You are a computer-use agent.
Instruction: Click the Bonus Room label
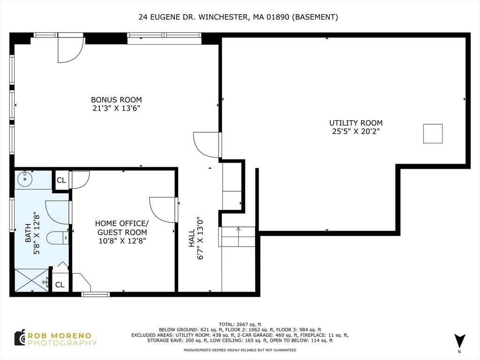click(116, 100)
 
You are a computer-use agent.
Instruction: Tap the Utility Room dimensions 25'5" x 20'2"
click(355, 131)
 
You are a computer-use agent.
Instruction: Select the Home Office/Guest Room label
click(122, 227)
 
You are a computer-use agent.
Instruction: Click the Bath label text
click(28, 233)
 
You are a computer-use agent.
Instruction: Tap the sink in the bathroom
click(24, 179)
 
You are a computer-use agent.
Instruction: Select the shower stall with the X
click(31, 280)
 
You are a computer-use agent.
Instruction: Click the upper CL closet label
click(61, 180)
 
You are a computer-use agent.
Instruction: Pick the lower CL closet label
click(60, 285)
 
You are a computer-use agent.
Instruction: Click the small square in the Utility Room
click(433, 134)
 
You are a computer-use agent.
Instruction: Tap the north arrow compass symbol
click(459, 341)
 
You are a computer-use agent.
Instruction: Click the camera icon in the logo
click(19, 337)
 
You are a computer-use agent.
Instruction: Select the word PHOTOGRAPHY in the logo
click(62, 343)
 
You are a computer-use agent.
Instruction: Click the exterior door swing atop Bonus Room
click(70, 49)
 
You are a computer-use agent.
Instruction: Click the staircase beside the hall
click(237, 237)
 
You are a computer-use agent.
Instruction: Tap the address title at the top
click(238, 17)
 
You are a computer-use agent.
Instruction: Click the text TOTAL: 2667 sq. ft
click(240, 324)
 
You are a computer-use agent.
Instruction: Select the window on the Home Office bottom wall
click(95, 294)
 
